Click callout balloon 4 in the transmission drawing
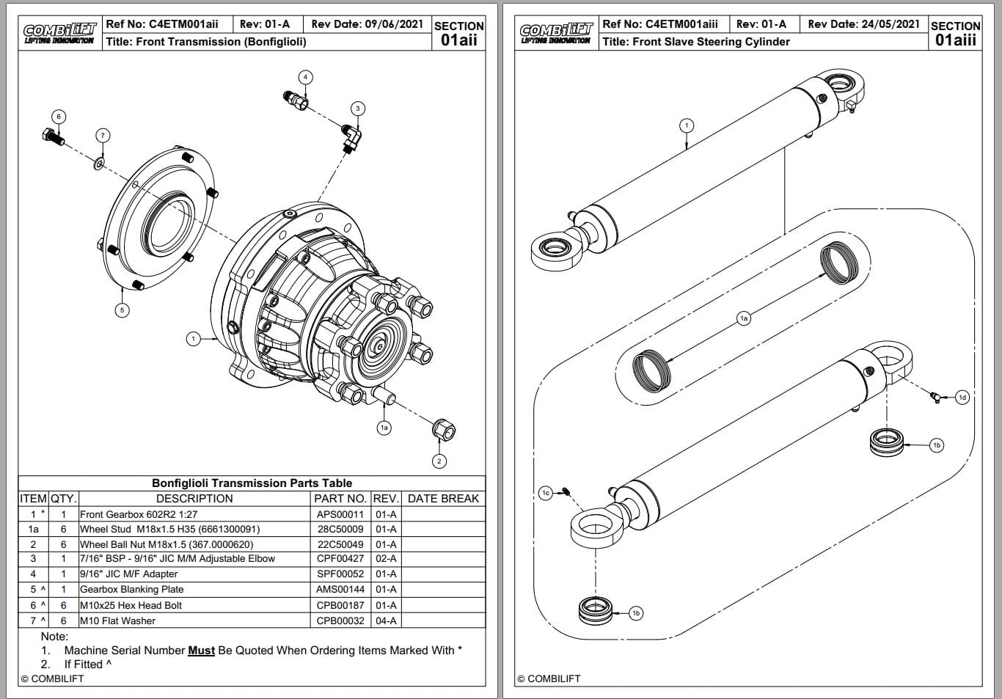(x=306, y=77)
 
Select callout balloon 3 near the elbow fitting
(x=358, y=109)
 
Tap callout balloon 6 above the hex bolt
(x=59, y=117)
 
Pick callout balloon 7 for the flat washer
(x=103, y=135)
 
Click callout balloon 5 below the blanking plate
(x=122, y=310)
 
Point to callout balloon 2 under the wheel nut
(x=439, y=461)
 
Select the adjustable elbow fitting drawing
(x=351, y=138)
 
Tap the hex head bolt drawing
(x=52, y=136)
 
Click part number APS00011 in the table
(x=340, y=514)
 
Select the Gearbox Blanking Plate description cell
(x=132, y=590)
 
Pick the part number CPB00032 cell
(x=340, y=621)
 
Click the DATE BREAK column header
(x=443, y=499)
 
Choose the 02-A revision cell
(x=386, y=559)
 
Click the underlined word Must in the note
(x=201, y=651)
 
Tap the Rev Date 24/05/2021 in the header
(x=863, y=24)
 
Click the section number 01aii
(x=458, y=40)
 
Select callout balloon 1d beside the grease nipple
(x=962, y=398)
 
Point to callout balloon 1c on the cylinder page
(x=545, y=493)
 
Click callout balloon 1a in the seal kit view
(x=744, y=318)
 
